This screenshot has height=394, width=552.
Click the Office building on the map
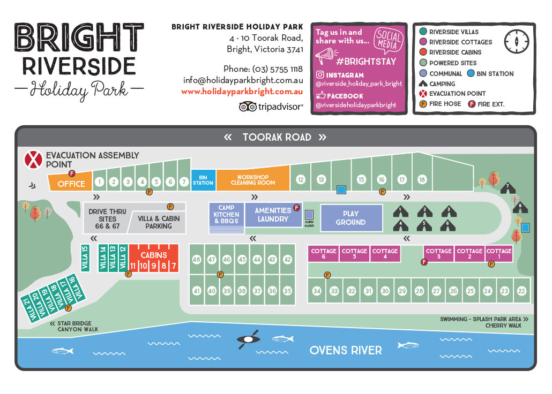pos(71,184)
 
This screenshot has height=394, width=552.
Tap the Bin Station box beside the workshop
pos(203,180)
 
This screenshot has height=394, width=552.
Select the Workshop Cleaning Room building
pos(252,180)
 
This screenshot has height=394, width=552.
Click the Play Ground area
pos(350,218)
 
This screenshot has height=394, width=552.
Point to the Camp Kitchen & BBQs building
pos(226,215)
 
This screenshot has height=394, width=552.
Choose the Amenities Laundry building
pos(273,215)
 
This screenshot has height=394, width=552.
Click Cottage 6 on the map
pos(324,254)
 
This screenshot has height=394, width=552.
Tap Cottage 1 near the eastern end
pos(499,254)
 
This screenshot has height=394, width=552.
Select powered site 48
pos(197,260)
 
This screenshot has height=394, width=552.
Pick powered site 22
pos(521,291)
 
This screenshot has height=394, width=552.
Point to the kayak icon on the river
pos(248,339)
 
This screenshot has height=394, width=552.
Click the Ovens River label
pos(346,351)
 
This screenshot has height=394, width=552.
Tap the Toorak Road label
pos(277,137)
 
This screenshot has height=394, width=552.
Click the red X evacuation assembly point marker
pos(34,160)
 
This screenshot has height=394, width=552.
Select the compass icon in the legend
pos(517,42)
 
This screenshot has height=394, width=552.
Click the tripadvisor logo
pos(271,107)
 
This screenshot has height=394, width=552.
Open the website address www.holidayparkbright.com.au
pos(242,92)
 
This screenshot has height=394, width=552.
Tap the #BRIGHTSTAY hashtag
pos(367,61)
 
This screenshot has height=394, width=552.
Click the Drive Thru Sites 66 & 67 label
pos(107,219)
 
